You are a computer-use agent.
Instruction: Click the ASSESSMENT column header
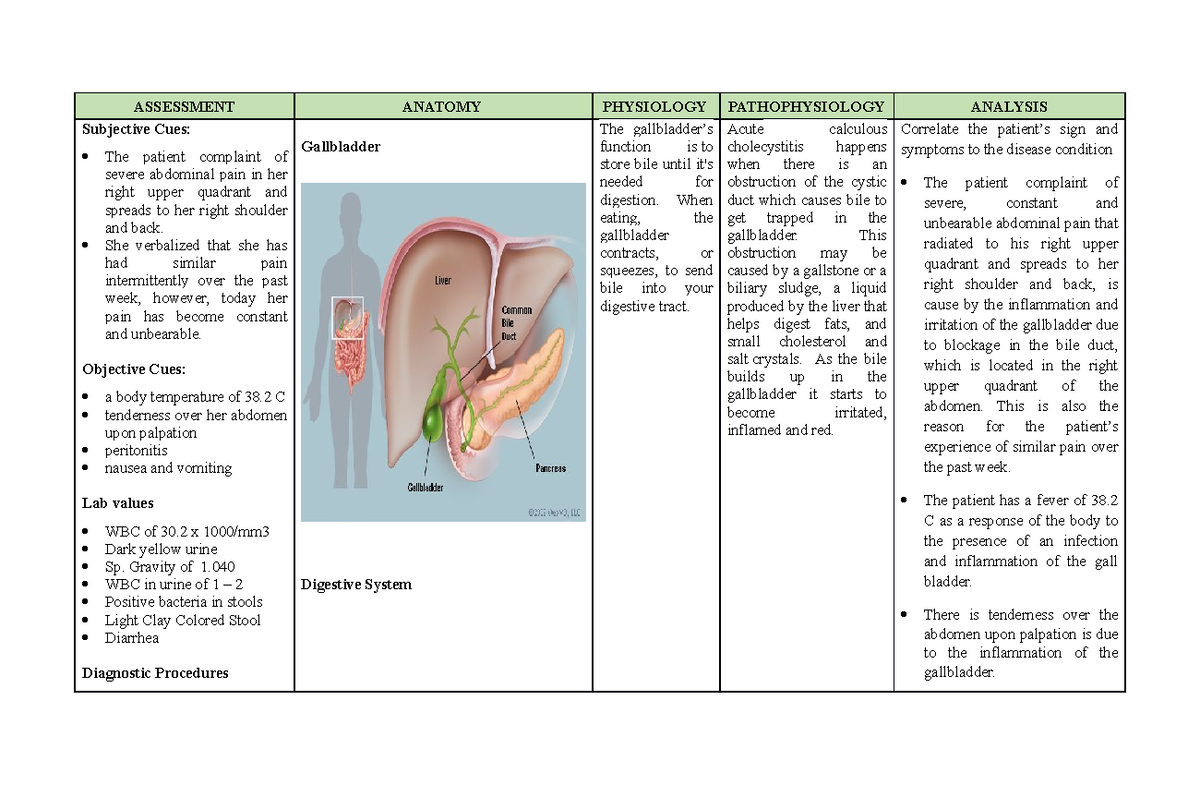(184, 106)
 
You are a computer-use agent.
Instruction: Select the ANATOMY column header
(441, 106)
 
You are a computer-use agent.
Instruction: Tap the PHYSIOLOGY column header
(656, 106)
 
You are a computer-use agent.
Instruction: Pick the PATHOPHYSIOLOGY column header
(806, 106)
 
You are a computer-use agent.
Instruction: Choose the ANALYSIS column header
(1010, 106)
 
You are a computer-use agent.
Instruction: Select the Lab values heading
(117, 503)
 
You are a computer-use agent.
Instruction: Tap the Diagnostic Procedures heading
(154, 673)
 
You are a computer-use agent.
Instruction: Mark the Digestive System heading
(356, 584)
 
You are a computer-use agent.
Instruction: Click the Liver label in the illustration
(443, 281)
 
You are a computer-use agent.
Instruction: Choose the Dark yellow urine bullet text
(161, 549)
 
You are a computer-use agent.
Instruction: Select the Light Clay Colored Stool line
(182, 620)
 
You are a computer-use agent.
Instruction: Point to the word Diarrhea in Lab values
(132, 637)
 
